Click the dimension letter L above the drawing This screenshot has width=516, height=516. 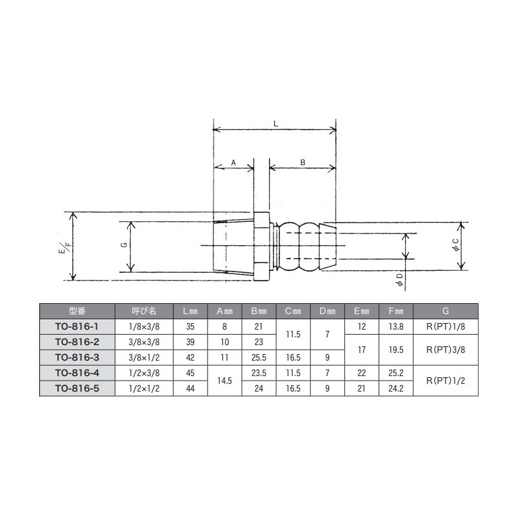click(275, 123)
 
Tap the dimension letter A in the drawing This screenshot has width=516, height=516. click(233, 163)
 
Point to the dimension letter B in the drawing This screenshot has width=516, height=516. click(303, 163)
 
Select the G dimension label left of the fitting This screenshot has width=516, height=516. click(123, 245)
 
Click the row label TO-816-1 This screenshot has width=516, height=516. click(77, 326)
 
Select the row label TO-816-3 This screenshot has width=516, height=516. click(77, 357)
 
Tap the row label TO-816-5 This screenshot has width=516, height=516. click(77, 389)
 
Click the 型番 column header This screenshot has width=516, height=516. click(77, 310)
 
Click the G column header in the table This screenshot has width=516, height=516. click(446, 310)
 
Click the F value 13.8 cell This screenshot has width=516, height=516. click(395, 326)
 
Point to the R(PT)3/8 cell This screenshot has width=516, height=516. click(446, 350)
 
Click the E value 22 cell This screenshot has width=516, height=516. click(361, 373)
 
